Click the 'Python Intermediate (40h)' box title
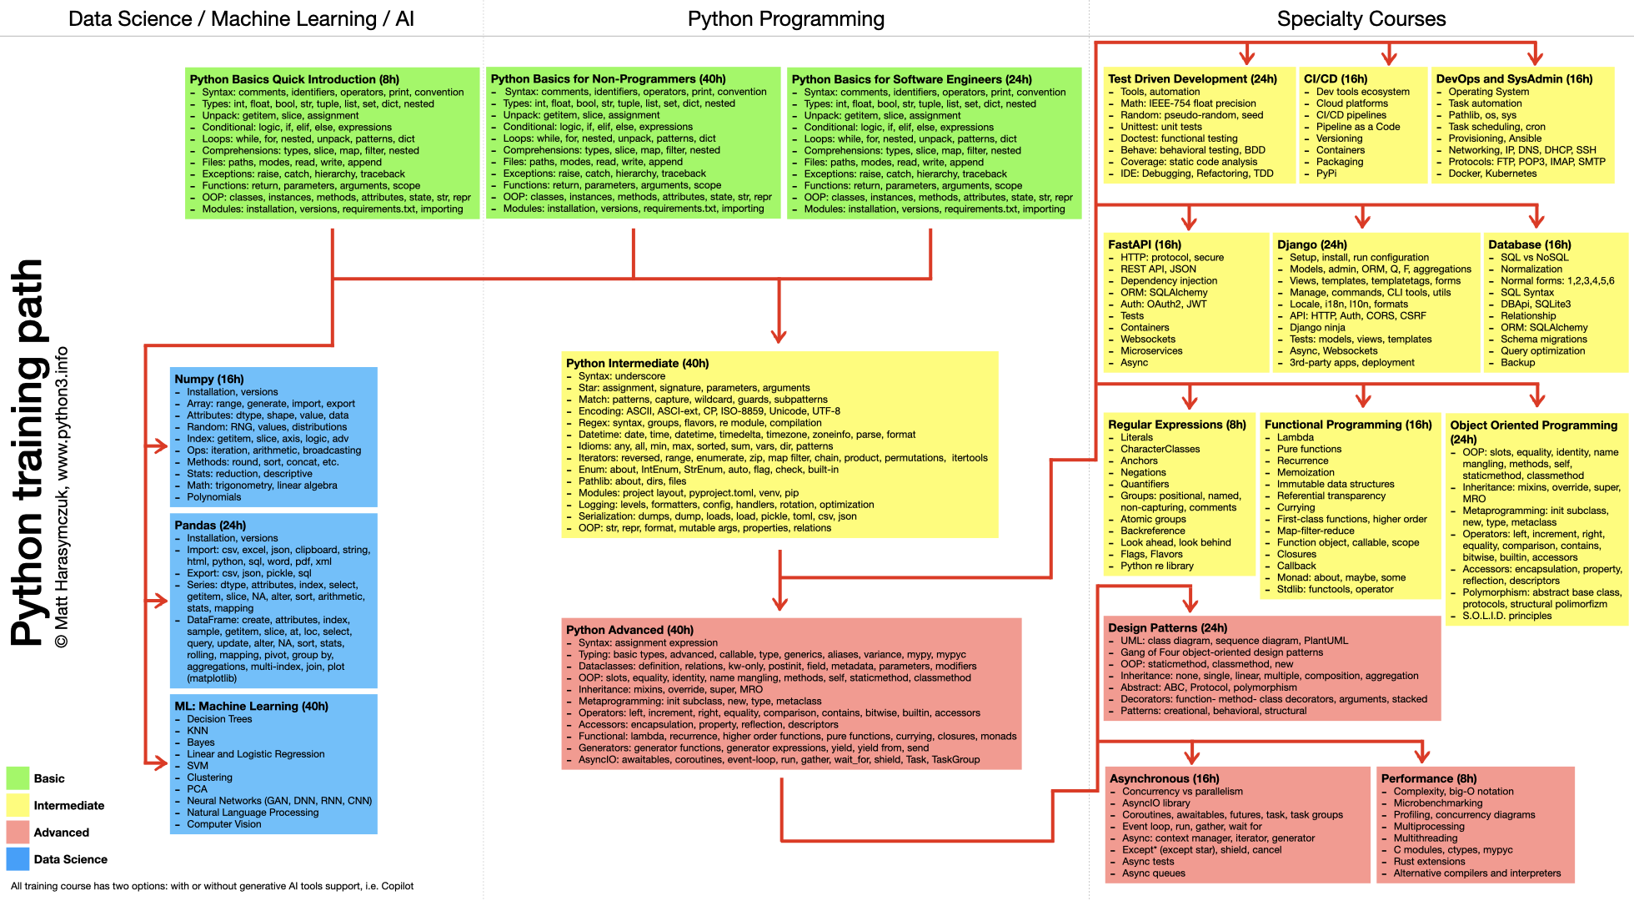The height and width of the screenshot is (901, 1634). coord(637,363)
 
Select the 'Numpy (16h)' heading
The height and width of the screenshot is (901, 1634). coord(208,379)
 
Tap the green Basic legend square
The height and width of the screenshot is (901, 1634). coord(18,778)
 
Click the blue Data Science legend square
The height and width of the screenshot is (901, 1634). coord(18,858)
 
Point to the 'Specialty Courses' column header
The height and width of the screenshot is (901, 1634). coord(1361,18)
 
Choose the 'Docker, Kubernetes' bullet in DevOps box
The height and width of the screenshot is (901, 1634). coord(1491,174)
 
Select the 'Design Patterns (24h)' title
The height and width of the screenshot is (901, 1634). coord(1167,627)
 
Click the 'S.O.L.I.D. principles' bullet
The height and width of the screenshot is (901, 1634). coord(1506,616)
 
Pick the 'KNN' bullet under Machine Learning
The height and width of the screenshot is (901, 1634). coord(198,731)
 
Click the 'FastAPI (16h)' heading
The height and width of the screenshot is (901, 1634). coord(1144,244)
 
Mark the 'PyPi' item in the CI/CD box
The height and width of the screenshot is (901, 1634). coord(1326,174)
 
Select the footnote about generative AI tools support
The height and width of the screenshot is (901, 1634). coord(212,886)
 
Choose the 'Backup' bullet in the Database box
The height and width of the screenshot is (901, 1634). coord(1517,362)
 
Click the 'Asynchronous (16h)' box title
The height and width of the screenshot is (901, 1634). coord(1164,778)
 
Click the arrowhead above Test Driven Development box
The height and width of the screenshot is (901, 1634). coord(1247,58)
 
